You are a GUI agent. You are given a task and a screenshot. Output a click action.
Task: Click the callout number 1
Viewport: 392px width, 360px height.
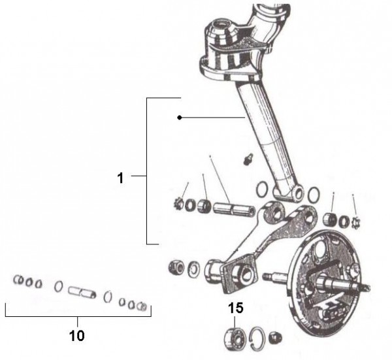(120, 178)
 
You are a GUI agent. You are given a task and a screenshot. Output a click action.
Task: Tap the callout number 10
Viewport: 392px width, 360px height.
(77, 336)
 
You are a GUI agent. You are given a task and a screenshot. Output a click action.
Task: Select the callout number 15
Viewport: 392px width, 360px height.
(235, 308)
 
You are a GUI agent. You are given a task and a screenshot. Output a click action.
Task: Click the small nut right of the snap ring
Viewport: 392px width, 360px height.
(275, 338)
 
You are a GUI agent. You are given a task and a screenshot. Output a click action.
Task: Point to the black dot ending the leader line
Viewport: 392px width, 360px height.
(179, 118)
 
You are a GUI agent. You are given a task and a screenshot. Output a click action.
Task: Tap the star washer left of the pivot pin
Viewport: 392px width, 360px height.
(178, 204)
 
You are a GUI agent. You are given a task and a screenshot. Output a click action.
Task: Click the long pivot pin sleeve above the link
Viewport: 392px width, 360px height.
(233, 208)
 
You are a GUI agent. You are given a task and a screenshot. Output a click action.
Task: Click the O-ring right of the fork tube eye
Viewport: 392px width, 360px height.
(314, 195)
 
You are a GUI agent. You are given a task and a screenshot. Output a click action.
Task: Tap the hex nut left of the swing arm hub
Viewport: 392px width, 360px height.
(176, 267)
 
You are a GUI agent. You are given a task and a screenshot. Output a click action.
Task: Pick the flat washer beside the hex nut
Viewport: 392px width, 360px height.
(193, 269)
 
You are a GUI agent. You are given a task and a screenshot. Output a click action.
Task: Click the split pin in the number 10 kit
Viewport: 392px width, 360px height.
(82, 292)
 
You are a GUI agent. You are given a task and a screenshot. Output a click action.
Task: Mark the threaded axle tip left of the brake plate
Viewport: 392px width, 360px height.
(267, 276)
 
